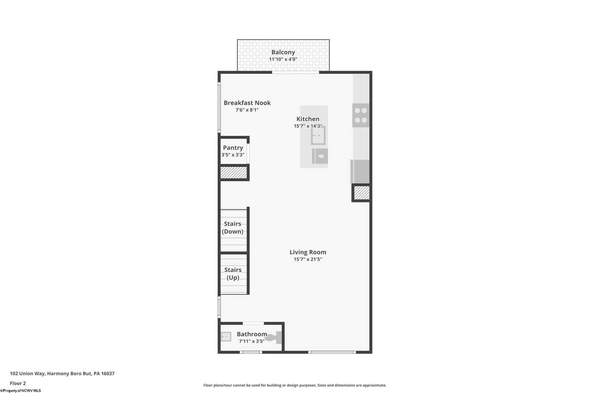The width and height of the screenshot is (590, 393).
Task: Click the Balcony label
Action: tap(283, 53)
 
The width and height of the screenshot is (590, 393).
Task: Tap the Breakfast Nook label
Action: tap(247, 103)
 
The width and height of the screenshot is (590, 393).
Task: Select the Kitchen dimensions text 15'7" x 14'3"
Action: tap(308, 126)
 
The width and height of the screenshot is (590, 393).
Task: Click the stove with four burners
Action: tap(361, 115)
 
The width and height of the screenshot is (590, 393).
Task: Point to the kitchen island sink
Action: tap(318, 135)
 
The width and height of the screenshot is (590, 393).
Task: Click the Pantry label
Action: tap(233, 148)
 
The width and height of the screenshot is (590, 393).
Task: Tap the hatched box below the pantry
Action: tap(234, 173)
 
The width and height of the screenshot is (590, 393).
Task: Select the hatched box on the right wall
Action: tap(362, 193)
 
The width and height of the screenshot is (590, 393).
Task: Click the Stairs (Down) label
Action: tap(233, 228)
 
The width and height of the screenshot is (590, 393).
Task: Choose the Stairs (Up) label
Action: tap(233, 274)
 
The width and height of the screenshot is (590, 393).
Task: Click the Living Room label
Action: tap(308, 252)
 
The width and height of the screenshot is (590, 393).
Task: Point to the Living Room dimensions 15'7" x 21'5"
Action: tap(308, 259)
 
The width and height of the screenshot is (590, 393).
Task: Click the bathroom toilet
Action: tap(274, 337)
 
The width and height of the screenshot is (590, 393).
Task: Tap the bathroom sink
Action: tap(226, 337)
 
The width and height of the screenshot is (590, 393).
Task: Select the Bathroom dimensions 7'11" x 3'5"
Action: tap(252, 341)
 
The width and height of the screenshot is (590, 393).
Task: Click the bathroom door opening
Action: tap(253, 323)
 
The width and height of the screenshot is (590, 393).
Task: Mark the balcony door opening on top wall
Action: tap(295, 72)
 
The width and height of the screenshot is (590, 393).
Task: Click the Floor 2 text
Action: tap(18, 383)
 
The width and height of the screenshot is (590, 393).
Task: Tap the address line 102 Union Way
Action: tap(62, 374)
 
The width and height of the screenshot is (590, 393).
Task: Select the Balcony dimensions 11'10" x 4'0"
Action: tap(283, 59)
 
